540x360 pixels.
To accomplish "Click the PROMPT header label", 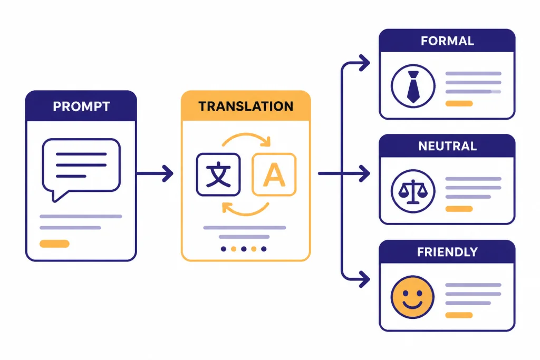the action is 81,106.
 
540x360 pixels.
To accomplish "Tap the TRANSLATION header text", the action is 246,106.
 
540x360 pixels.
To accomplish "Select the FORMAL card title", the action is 447,41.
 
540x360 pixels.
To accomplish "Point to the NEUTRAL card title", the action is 447,147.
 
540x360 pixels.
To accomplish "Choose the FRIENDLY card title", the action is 447,252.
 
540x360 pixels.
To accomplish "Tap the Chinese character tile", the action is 218,174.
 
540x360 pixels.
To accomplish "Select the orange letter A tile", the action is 274,174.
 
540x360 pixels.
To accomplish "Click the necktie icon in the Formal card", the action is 413,87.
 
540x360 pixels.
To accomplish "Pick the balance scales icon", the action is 413,192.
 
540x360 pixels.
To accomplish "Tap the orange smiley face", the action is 412,297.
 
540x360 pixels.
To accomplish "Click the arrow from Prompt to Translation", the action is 155,173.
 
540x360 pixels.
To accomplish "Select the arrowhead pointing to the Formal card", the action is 364,63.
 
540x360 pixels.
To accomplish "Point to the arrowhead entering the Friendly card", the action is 364,279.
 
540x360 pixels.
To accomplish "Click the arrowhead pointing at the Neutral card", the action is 364,173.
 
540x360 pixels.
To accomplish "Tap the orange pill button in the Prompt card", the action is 54,244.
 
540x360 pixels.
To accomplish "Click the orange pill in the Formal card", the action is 459,103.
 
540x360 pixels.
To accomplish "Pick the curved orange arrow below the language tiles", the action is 245,211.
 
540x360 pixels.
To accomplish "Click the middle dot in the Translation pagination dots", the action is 244,249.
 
